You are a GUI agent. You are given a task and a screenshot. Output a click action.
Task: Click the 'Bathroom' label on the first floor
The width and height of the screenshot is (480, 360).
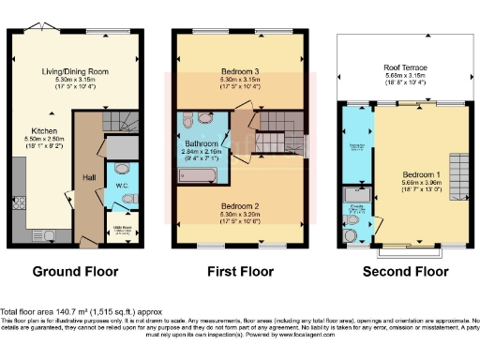coord(201,142)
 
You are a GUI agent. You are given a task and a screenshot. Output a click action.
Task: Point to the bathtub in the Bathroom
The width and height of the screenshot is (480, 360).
coord(200,174)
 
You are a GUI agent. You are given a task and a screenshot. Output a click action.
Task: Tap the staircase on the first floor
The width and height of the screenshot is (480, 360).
coord(277,122)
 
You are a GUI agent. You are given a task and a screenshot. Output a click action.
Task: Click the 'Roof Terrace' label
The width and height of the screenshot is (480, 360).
coord(406,67)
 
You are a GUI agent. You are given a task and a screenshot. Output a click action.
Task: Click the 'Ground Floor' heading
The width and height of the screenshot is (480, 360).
coord(76,272)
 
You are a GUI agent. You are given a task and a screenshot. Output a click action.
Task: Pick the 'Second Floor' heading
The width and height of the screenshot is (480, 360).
coord(405,272)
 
